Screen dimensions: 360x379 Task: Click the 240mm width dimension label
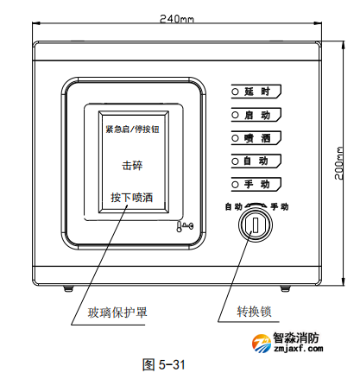coord(177,19)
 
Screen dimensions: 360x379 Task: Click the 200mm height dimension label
coord(339,163)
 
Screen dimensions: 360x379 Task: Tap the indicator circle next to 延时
coord(235,92)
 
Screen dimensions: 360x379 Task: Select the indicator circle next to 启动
coord(235,115)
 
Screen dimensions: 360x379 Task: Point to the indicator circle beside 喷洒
coord(235,138)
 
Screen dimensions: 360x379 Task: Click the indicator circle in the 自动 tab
coord(235,161)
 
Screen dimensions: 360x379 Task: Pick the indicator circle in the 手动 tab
coord(235,184)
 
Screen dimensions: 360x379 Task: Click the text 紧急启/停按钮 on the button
coord(132,129)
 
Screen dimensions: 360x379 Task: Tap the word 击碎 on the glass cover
coord(132,166)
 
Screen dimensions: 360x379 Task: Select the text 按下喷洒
coord(132,198)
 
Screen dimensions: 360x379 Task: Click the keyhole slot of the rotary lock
coord(256,224)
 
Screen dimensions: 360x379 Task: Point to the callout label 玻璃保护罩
coord(117,313)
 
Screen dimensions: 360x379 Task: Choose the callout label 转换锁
coord(254,312)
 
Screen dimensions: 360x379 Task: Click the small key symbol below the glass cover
coord(185,227)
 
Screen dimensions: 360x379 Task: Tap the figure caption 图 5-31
coord(163,364)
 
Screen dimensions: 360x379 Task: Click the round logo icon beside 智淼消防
coord(262,343)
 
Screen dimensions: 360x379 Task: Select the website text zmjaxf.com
coord(299,349)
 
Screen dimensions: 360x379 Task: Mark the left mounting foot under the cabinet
coord(68,288)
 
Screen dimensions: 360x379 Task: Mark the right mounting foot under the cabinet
coord(285,288)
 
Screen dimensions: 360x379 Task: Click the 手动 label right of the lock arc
coord(280,206)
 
